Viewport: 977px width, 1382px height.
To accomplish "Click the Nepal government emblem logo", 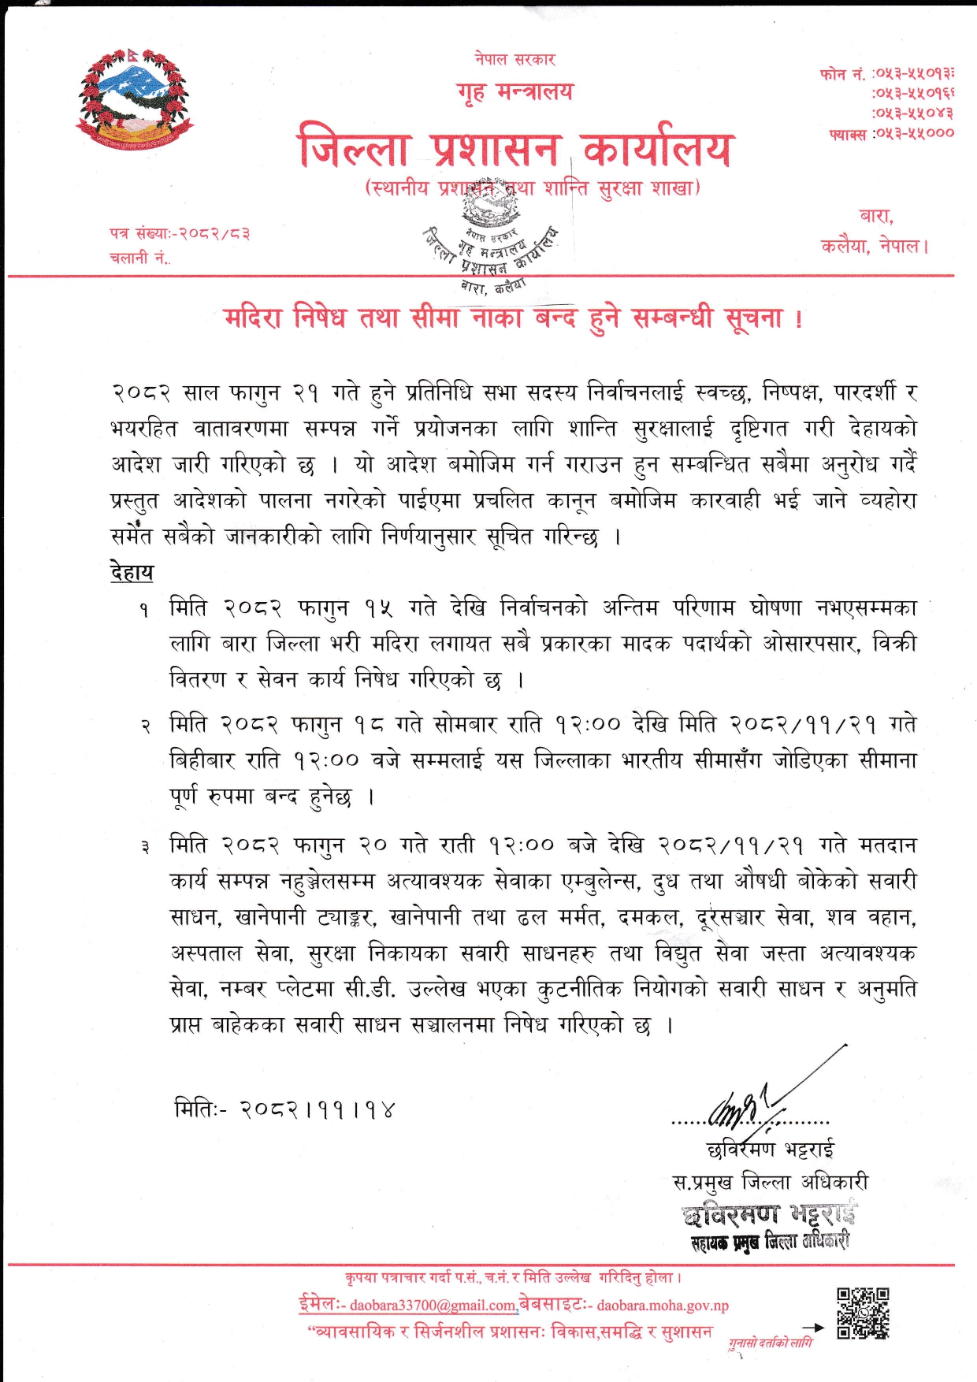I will coord(135,99).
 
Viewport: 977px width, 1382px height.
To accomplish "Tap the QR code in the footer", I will coord(863,1313).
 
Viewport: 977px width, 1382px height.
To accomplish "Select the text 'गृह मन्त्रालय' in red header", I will coord(515,92).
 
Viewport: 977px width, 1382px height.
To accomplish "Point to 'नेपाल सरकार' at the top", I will coord(515,59).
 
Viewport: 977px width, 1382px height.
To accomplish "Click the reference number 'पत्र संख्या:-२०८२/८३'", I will coord(180,233).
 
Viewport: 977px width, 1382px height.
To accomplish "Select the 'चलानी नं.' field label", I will coord(139,258).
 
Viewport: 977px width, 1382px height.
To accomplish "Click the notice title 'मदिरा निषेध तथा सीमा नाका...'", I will coord(514,318).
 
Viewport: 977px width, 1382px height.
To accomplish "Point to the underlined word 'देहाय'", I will coord(132,571).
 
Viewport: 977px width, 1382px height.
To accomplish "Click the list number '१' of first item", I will coord(144,609).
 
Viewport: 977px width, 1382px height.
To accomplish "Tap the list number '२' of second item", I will coord(145,725).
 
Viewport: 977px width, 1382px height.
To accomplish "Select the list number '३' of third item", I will coord(145,847).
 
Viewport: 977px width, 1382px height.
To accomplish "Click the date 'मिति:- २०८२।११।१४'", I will coord(284,1109).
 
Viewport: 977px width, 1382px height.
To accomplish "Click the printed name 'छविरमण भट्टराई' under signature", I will coord(771,1150).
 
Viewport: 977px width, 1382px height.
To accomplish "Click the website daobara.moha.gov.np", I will coord(662,1306).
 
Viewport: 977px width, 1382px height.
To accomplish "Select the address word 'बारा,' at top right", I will coord(875,216).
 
